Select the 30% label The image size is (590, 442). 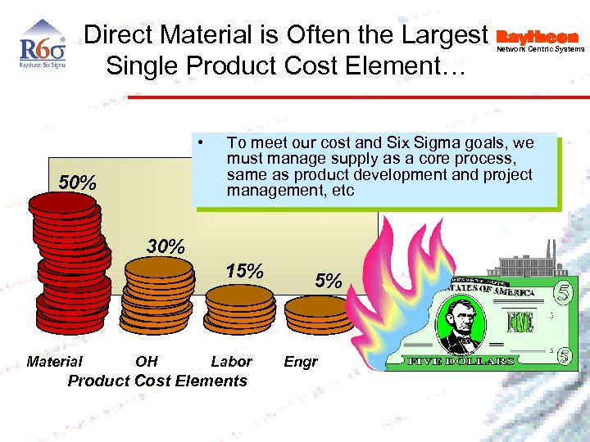pyautogui.click(x=166, y=245)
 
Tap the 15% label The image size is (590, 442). pyautogui.click(x=243, y=271)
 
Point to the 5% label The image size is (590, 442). pyautogui.click(x=329, y=281)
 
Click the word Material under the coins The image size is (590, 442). pyautogui.click(x=54, y=361)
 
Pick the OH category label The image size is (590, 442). pyautogui.click(x=147, y=361)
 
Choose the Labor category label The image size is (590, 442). pyautogui.click(x=231, y=361)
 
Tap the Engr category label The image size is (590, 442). pyautogui.click(x=301, y=361)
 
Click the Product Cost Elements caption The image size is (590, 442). pyautogui.click(x=157, y=381)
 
